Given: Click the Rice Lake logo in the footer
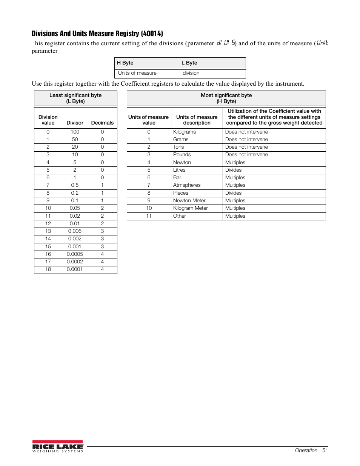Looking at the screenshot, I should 57,446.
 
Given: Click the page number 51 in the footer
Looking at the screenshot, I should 325,450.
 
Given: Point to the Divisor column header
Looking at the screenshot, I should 75,123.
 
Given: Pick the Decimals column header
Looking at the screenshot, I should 102,123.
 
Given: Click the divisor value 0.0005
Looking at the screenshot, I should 75,254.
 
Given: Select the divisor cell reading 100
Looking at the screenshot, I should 75,132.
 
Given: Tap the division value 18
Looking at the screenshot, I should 48,269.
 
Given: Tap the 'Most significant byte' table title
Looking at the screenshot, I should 226,95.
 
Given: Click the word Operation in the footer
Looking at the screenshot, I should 306,450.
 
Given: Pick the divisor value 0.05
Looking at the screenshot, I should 75,208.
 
